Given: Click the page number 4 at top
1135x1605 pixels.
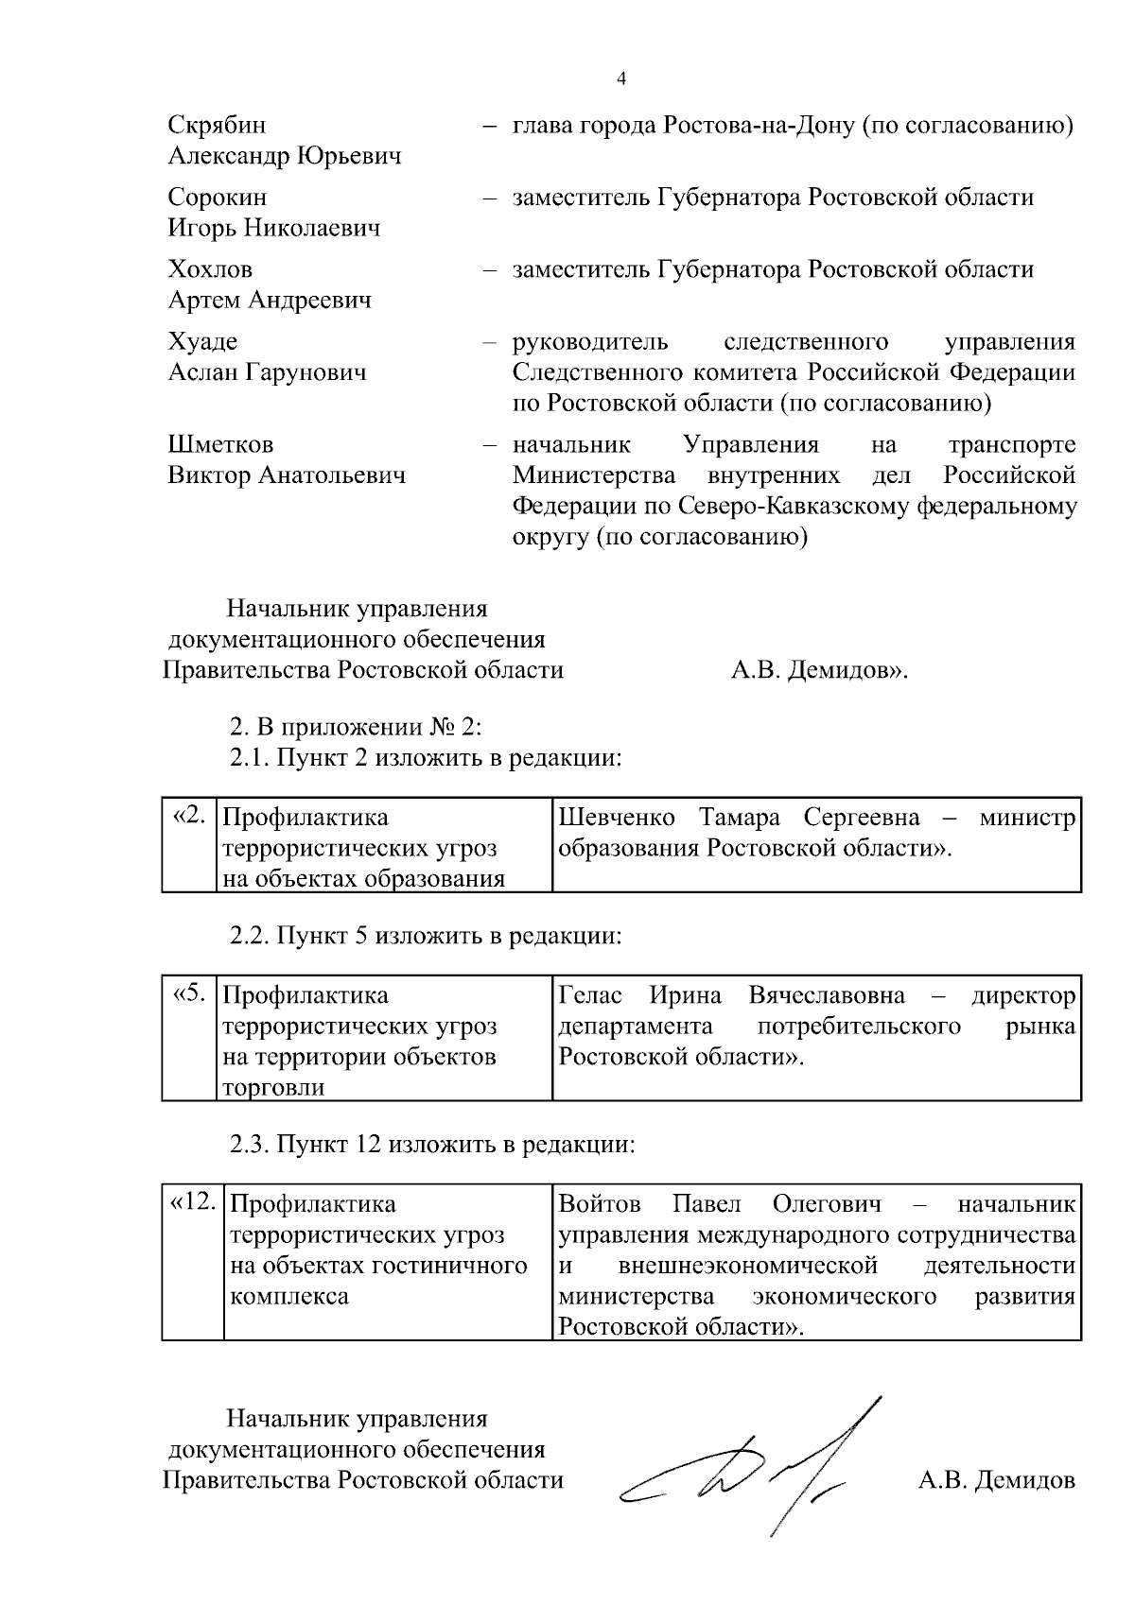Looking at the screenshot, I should click(621, 79).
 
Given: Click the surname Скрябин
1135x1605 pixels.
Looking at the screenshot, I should click(217, 126).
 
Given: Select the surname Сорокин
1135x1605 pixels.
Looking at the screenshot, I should click(218, 198).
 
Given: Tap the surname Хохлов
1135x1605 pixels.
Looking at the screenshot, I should click(210, 269).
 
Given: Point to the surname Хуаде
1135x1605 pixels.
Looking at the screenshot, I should click(202, 341).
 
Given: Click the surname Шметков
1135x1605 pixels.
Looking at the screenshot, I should click(220, 444).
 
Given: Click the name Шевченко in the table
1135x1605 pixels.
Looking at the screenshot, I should click(617, 817).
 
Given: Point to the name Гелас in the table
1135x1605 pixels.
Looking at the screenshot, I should click(590, 995).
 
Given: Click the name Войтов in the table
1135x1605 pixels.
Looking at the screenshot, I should click(600, 1204).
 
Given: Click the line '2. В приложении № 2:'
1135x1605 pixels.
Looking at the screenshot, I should click(357, 728).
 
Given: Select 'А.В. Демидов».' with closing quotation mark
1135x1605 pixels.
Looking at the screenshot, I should click(819, 670).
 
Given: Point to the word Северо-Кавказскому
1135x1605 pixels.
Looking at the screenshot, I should click(794, 507).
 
